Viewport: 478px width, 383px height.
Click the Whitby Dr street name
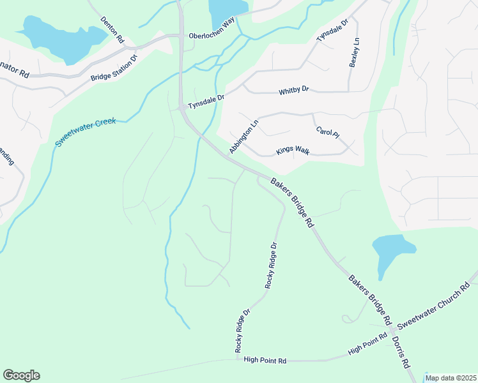[294, 91]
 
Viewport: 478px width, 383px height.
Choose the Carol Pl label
[327, 133]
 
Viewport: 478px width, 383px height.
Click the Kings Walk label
[293, 151]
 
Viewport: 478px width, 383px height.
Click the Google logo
[21, 375]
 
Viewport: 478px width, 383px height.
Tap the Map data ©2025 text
[451, 378]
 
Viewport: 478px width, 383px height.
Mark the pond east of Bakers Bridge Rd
[392, 250]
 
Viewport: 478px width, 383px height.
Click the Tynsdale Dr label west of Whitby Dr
[206, 102]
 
